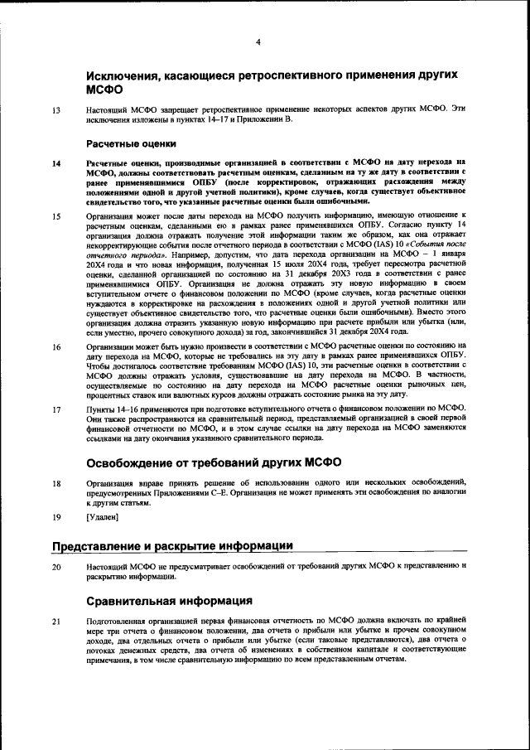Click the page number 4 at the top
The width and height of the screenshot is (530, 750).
[258, 42]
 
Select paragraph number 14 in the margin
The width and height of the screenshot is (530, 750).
[56, 163]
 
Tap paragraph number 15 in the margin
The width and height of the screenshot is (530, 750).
[56, 217]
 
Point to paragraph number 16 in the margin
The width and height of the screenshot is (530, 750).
[56, 346]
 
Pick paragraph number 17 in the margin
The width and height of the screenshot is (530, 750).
[56, 409]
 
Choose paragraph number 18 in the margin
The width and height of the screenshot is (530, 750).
[56, 482]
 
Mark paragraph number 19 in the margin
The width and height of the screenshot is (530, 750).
[56, 518]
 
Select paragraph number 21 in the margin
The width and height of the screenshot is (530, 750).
[56, 621]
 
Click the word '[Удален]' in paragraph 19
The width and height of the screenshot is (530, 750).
[102, 518]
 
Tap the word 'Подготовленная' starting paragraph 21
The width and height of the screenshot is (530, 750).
[118, 621]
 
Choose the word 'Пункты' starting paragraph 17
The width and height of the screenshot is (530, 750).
[101, 409]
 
